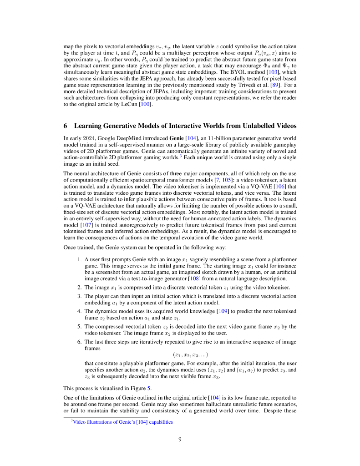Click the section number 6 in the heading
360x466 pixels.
tap(66, 126)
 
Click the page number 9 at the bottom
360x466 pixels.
tap(180, 439)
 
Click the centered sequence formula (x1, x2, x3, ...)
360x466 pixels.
tap(190, 355)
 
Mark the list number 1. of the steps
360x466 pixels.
tap(80, 259)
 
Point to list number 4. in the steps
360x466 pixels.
tap(80, 311)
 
